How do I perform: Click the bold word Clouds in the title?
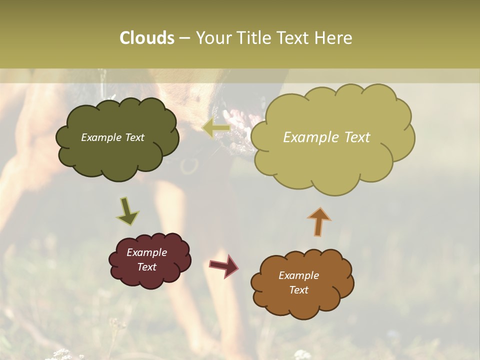(147, 38)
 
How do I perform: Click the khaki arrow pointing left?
(216, 129)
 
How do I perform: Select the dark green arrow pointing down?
(127, 211)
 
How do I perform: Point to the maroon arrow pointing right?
(223, 265)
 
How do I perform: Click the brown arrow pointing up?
(319, 221)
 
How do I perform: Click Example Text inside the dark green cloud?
(112, 137)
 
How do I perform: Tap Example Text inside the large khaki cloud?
(326, 137)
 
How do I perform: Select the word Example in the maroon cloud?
(146, 252)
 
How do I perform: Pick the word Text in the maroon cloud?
(147, 267)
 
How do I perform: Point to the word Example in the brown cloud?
(298, 275)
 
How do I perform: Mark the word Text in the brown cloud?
(299, 290)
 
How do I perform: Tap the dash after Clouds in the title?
(184, 38)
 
